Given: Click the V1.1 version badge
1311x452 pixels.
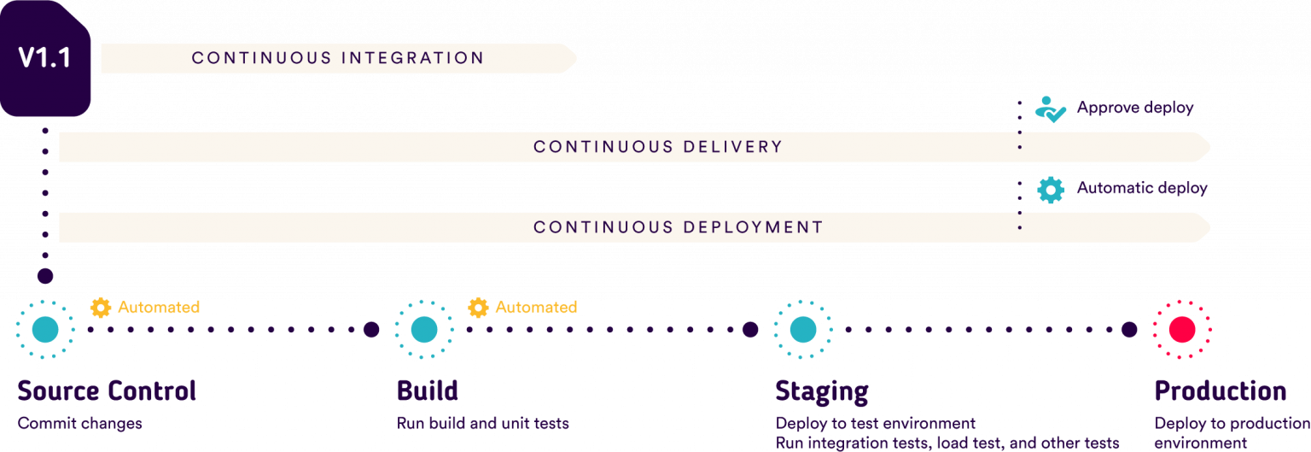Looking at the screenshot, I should [45, 58].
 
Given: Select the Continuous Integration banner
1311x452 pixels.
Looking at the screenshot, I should [338, 58].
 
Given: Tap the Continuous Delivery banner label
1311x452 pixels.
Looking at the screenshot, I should [657, 147].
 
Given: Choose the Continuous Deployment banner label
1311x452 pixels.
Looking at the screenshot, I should [678, 227].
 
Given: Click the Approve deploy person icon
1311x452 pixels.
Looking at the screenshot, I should [1049, 109].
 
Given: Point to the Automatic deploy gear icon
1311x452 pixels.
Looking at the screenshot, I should [1050, 189].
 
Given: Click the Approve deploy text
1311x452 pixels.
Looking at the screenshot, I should [1134, 108].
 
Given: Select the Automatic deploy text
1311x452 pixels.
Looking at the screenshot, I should [1142, 188].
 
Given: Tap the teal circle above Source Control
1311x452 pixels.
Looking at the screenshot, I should [45, 329].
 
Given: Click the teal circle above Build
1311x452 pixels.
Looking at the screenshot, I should [424, 329].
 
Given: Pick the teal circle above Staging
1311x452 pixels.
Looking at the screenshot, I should [802, 329].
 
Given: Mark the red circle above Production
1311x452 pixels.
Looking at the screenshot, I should [1182, 329].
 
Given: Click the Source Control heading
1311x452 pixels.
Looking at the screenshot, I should [107, 391].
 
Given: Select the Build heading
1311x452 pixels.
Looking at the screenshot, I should [428, 391].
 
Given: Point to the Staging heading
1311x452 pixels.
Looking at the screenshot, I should [821, 391].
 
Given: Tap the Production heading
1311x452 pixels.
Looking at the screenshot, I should [1220, 391].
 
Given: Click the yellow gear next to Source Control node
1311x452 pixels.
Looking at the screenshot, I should [101, 308].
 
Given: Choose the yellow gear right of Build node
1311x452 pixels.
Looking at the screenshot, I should [479, 308].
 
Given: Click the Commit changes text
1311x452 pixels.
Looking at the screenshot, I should [79, 424].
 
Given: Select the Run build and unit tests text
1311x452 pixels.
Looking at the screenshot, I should [482, 424].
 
